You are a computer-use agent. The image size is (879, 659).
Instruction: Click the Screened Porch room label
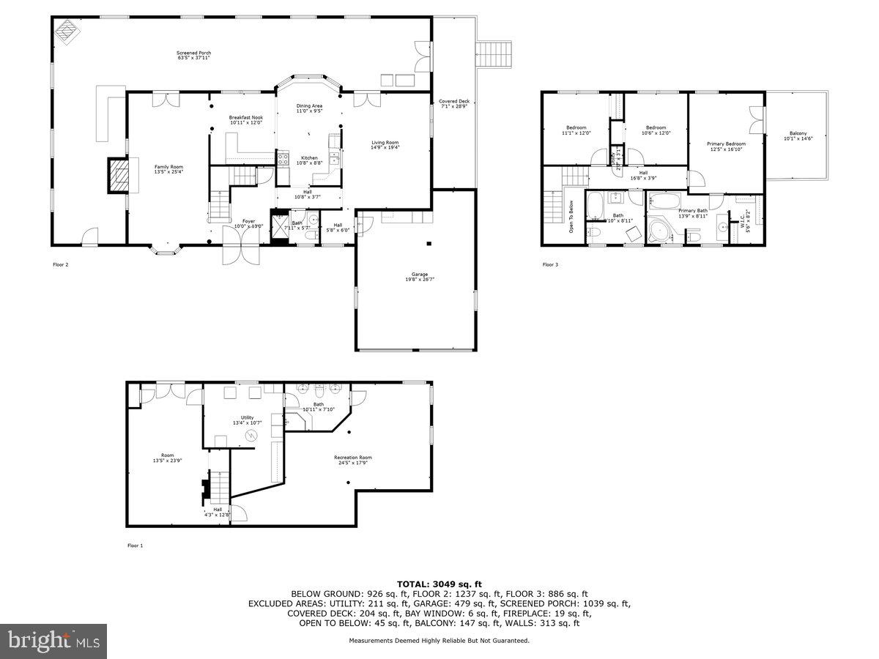[x=193, y=55]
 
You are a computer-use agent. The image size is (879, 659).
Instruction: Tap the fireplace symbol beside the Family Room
[x=117, y=175]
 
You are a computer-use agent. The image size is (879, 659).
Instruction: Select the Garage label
[x=420, y=277]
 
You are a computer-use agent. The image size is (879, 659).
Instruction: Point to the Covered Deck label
[x=453, y=104]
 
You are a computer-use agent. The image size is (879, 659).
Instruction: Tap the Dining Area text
[x=309, y=108]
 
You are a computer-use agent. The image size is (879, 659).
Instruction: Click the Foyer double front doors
[x=241, y=253]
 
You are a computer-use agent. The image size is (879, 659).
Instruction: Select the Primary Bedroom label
[x=726, y=146]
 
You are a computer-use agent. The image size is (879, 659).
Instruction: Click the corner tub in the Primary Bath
[x=661, y=230]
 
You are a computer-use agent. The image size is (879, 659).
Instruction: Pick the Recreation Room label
[x=353, y=460]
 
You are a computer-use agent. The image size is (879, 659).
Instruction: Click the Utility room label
[x=247, y=420]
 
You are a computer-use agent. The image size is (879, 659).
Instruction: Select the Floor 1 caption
[x=136, y=546]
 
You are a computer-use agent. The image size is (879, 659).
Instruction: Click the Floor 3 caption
[x=550, y=264]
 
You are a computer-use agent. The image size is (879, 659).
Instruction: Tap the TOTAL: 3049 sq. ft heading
[x=439, y=584]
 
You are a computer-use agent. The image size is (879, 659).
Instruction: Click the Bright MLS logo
[x=54, y=641]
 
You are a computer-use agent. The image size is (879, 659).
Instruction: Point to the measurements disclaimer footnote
[x=439, y=641]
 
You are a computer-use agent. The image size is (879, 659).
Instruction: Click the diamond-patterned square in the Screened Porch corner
[x=68, y=31]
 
